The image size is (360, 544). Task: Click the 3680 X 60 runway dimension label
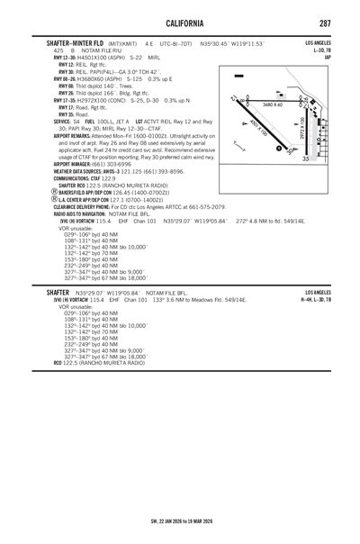(273, 105)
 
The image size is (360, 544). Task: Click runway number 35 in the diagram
(308, 159)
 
